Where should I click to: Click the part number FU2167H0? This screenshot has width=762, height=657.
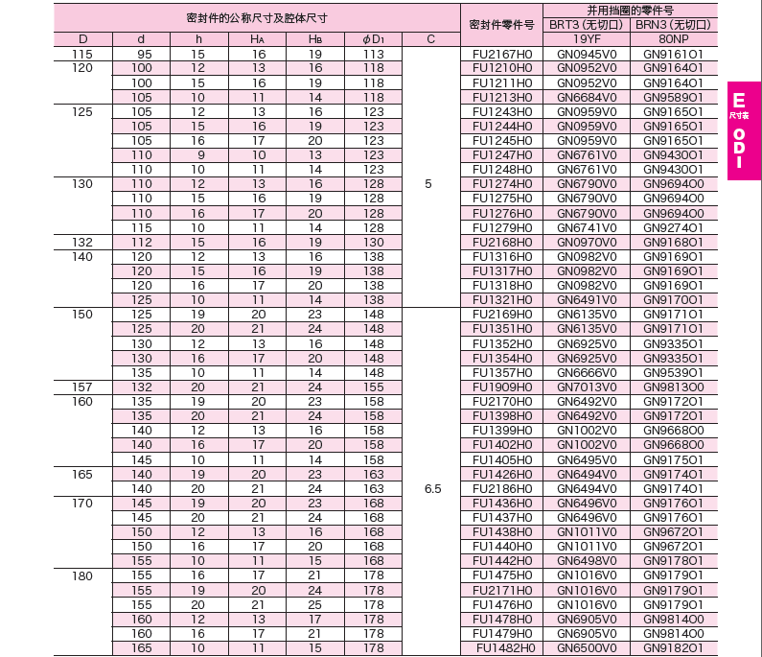[502, 54]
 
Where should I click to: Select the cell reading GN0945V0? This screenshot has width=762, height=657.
[587, 54]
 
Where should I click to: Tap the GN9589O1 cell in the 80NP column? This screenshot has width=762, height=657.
[673, 97]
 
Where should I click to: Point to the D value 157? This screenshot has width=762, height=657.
[82, 387]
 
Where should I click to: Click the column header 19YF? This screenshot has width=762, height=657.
[587, 38]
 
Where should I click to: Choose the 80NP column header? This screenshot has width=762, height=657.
[673, 38]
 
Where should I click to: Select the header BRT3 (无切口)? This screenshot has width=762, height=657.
[587, 24]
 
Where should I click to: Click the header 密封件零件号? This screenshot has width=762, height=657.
[502, 24]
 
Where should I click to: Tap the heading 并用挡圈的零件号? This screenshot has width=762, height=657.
[630, 9]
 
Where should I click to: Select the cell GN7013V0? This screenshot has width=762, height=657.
[587, 387]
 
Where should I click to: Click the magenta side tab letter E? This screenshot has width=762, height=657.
[738, 101]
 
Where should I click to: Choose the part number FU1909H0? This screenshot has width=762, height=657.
[502, 387]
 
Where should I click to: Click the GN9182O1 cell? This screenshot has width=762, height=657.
[673, 648]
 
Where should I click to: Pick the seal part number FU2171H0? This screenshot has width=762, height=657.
[502, 590]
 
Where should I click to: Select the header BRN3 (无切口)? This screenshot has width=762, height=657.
[673, 24]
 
